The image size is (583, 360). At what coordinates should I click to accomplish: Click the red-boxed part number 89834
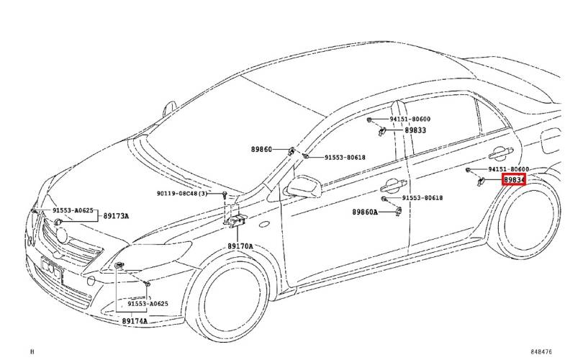[x=514, y=180]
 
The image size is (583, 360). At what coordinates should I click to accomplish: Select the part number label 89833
[x=415, y=130]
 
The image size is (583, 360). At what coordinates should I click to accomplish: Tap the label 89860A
[x=365, y=212]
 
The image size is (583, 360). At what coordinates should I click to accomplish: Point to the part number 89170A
[x=240, y=246]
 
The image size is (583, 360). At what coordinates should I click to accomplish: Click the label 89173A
[x=116, y=216]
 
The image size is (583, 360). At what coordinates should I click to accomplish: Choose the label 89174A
[x=135, y=321]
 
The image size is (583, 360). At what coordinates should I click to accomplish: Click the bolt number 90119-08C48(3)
[x=182, y=194]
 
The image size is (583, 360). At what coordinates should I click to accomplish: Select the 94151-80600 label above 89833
[x=410, y=119]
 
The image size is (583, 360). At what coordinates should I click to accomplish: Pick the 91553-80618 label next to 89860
[x=345, y=157]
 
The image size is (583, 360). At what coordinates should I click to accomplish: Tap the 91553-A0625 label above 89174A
[x=148, y=303]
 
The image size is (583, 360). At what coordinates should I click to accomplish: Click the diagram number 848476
[x=541, y=351]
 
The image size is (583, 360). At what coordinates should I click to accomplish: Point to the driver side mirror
[x=304, y=186]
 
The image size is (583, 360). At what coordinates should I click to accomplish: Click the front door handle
[x=394, y=185]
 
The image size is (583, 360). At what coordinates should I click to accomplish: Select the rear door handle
[x=501, y=153]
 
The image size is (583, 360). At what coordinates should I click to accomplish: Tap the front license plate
[x=52, y=269]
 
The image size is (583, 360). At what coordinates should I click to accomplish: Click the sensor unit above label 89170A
[x=237, y=220]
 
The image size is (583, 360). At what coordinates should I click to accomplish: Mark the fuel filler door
[x=551, y=140]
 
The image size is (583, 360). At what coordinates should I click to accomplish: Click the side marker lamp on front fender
[x=264, y=224]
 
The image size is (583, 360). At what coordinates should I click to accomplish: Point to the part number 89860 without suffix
[x=261, y=150]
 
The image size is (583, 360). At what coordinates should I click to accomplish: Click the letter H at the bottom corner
[x=32, y=351]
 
